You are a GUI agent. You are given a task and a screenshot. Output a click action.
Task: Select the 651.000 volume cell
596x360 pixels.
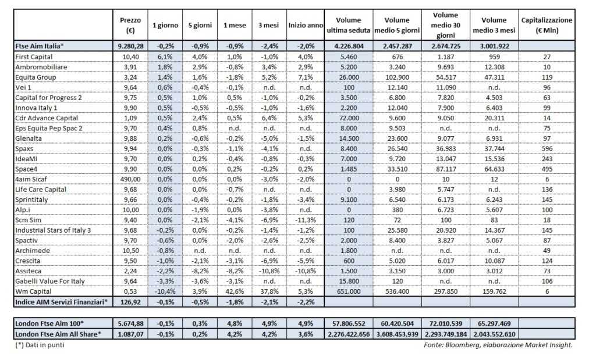349,291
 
